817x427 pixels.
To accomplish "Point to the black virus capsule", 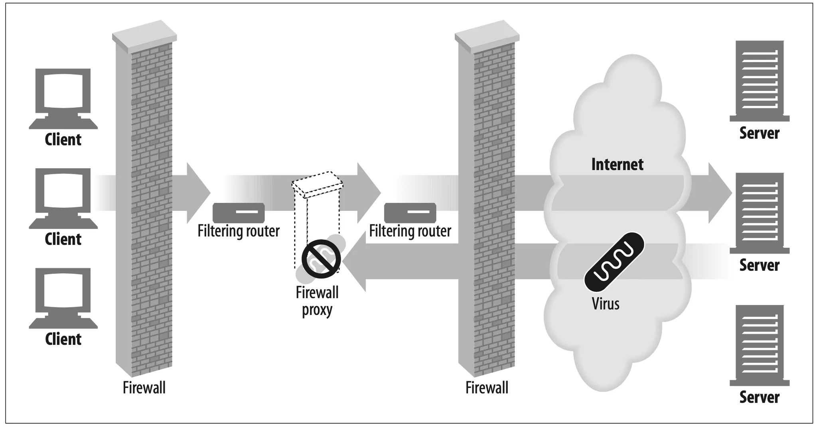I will click(x=614, y=262).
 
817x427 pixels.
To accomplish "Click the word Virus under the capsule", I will click(x=606, y=304).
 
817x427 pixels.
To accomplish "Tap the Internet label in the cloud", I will click(x=617, y=164).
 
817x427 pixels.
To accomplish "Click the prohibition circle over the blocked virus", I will click(x=321, y=259).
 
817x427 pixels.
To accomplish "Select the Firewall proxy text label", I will click(x=317, y=301).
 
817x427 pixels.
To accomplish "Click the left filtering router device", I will click(x=239, y=213).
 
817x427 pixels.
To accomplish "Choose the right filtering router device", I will click(x=410, y=213).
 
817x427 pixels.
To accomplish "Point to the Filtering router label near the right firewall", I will click(x=410, y=231).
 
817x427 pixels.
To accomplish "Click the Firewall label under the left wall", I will click(x=144, y=388).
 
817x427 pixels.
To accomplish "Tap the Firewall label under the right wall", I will click(x=487, y=388).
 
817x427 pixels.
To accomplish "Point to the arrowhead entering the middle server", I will click(x=720, y=193).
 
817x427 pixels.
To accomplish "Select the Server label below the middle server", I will click(x=759, y=265).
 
